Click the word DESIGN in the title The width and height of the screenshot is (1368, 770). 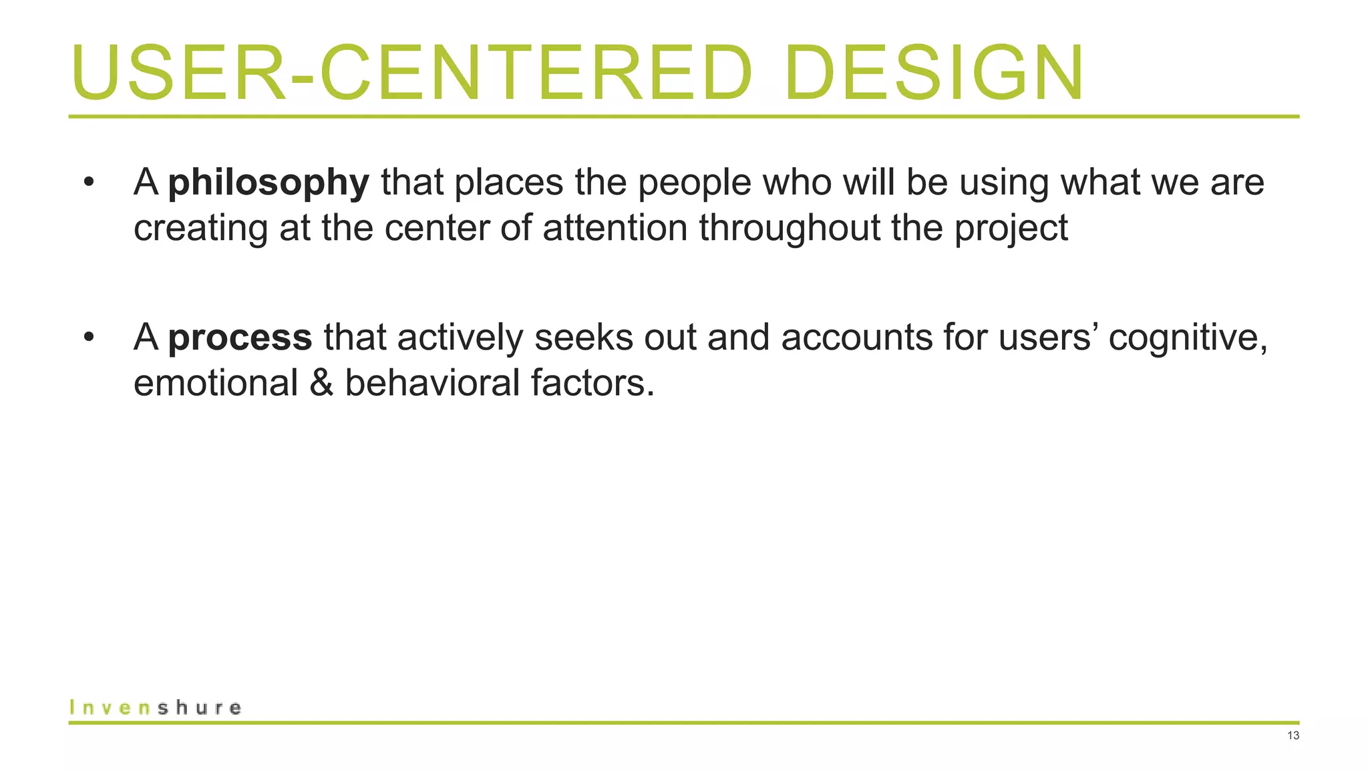pyautogui.click(x=934, y=73)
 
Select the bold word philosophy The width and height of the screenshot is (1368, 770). pyautogui.click(x=269, y=182)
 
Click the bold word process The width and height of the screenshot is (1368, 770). pyautogui.click(x=240, y=337)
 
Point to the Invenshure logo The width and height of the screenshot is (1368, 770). pyautogui.click(x=155, y=707)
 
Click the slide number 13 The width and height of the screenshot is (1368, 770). pyautogui.click(x=1293, y=736)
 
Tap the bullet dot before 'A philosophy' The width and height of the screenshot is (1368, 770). pyautogui.click(x=89, y=182)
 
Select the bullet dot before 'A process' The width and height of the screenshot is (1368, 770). pyautogui.click(x=89, y=337)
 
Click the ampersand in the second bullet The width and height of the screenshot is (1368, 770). pyautogui.click(x=321, y=383)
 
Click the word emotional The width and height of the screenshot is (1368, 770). pyautogui.click(x=216, y=383)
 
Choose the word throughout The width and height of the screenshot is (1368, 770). pyautogui.click(x=790, y=228)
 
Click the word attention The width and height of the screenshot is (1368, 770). pyautogui.click(x=615, y=228)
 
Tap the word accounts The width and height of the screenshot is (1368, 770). pyautogui.click(x=856, y=337)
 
